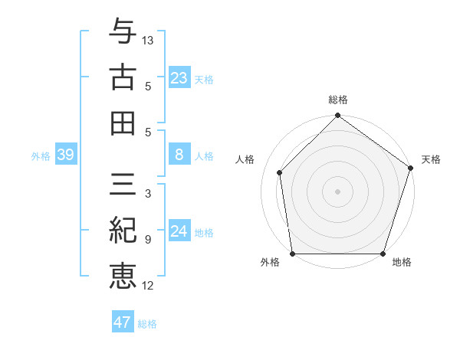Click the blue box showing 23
click(x=179, y=78)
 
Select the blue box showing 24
click(x=179, y=232)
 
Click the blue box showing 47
click(x=123, y=322)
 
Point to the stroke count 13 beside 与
click(x=148, y=40)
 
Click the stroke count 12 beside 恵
click(x=148, y=286)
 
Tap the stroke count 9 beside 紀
click(x=148, y=239)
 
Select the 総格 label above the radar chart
click(x=338, y=100)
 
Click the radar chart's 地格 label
click(x=402, y=263)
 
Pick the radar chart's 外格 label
click(x=270, y=263)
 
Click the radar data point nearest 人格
click(x=280, y=172)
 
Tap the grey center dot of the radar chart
click(x=338, y=191)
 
